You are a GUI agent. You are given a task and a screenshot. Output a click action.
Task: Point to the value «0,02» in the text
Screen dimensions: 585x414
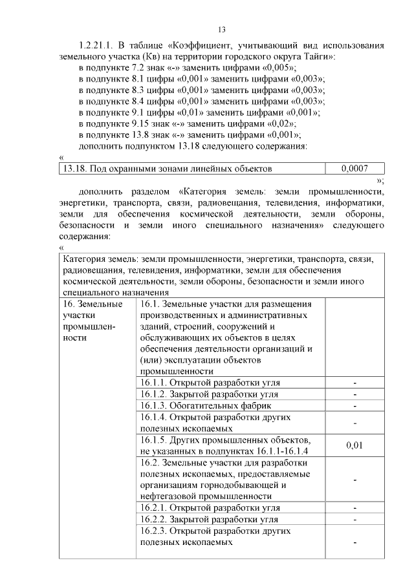281,123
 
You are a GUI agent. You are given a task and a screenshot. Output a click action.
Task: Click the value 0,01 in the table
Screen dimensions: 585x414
354,445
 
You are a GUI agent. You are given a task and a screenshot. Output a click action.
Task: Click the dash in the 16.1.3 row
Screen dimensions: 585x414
354,405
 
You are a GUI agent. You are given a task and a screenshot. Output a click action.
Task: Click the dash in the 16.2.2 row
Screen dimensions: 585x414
354,519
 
